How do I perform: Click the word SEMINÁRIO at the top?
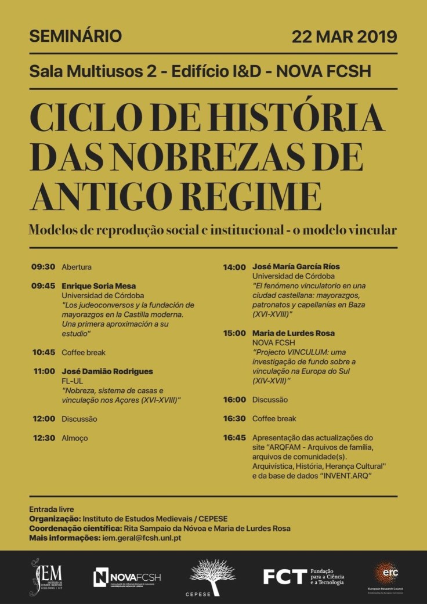pos(75,36)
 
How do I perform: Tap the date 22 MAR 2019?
pos(344,36)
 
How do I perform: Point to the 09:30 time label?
pos(43,267)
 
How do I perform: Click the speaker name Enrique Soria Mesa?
pos(99,286)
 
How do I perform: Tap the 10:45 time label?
pos(43,352)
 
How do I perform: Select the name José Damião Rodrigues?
pos(107,371)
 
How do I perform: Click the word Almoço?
pos(75,438)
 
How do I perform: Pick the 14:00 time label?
pos(234,267)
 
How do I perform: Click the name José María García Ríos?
pos(296,267)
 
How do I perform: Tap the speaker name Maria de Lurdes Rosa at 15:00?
pos(293,334)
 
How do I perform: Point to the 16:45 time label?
pos(234,437)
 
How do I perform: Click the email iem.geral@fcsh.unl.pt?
pos(150,538)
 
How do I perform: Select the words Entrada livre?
pos(52,509)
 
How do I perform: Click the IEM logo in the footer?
pos(47,577)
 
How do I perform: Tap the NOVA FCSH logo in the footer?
pos(127,577)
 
